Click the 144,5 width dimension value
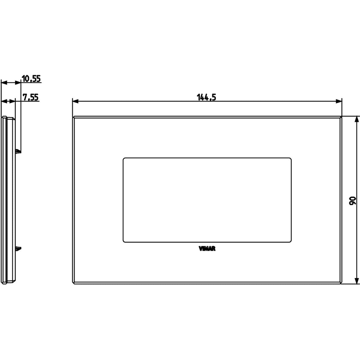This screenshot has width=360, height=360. point(206,97)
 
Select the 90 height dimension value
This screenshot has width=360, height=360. point(352,201)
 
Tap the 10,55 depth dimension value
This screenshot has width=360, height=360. point(31,79)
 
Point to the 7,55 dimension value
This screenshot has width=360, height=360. point(31,97)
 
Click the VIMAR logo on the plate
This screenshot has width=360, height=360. point(207,249)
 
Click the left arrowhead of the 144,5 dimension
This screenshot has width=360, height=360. point(75,101)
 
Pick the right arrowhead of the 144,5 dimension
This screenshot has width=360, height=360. point(339,101)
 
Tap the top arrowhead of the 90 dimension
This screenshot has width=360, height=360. point(357,119)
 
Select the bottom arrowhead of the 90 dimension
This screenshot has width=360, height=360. point(357,281)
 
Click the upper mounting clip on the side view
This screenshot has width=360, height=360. point(18,151)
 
